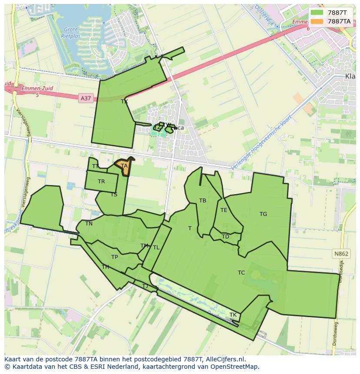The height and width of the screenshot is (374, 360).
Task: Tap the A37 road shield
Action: (86, 99)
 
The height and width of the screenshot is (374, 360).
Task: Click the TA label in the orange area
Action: (124, 166)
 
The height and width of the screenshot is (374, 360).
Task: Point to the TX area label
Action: (124, 102)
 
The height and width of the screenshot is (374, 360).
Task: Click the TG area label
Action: (263, 214)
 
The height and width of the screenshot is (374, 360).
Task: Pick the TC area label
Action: (241, 273)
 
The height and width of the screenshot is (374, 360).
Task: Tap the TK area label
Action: (233, 315)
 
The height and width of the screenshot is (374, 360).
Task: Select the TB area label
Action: (203, 201)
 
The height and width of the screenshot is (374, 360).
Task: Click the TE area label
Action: (223, 210)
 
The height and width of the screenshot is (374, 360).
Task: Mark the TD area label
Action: (225, 237)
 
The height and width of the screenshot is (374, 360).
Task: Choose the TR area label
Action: (101, 182)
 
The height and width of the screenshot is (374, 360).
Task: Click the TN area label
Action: (89, 224)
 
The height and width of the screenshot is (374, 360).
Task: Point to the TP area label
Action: (114, 257)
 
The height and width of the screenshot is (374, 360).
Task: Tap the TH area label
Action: (105, 267)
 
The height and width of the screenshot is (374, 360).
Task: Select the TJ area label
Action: (145, 286)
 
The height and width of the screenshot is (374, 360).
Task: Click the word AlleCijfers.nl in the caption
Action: (224, 359)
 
